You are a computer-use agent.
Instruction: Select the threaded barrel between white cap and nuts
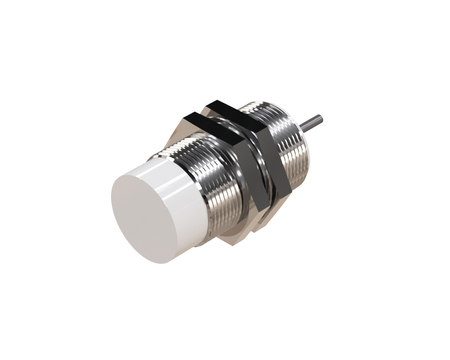(200, 165)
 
